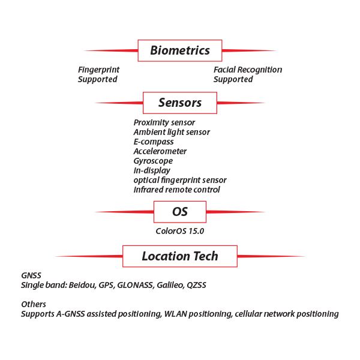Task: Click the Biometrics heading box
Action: tap(180, 50)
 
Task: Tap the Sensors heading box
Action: tap(180, 103)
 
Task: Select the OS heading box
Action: tap(180, 212)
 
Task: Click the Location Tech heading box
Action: tap(180, 256)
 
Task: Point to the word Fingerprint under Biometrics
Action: tap(98, 70)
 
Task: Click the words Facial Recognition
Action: tap(248, 70)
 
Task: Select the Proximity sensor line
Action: tap(164, 122)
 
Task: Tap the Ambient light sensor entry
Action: tap(172, 132)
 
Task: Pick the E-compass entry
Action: tap(154, 142)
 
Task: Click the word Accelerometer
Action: tap(160, 151)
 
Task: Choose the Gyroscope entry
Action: tap(153, 161)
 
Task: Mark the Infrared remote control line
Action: tap(177, 190)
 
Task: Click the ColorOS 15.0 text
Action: tap(180, 230)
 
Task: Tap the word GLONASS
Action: tap(133, 285)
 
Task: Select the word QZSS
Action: tap(200, 285)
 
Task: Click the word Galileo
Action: tap(170, 285)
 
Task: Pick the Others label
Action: tap(34, 304)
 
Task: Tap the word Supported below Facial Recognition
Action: tap(233, 79)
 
